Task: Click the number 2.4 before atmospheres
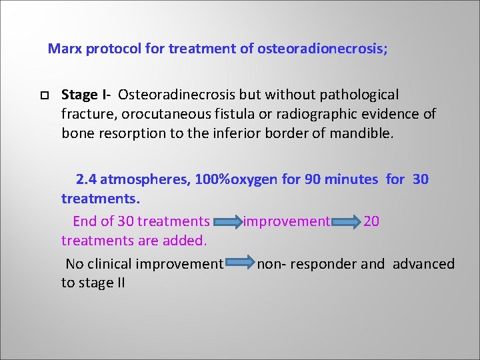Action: (x=86, y=179)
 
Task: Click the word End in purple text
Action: (x=85, y=221)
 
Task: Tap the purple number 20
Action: (x=371, y=221)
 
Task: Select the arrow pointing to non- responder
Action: (x=239, y=265)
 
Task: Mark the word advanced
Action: (x=423, y=264)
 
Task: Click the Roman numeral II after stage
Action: (x=119, y=283)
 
